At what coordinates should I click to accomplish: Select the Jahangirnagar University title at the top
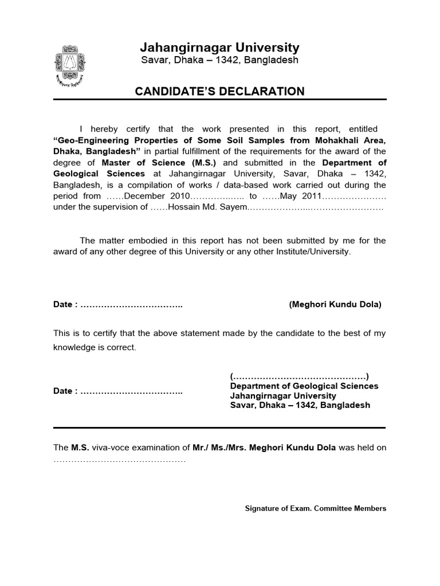(220, 47)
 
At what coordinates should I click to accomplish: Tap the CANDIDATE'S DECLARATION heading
(219, 91)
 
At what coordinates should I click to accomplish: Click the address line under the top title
(220, 61)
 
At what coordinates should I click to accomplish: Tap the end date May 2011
(303, 196)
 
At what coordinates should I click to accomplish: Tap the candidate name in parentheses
(335, 304)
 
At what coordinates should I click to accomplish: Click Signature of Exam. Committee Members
(316, 508)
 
